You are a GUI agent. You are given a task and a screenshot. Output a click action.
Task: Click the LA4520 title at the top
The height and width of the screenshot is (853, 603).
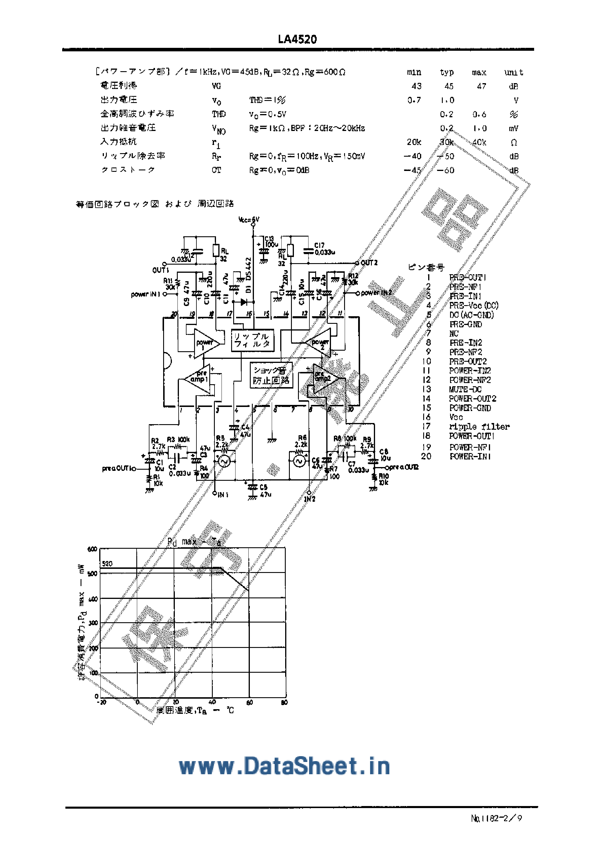point(297,39)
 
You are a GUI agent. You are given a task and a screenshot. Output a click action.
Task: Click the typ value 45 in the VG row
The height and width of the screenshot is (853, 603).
point(449,86)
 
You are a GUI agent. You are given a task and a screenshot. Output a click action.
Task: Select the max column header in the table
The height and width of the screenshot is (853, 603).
point(479,72)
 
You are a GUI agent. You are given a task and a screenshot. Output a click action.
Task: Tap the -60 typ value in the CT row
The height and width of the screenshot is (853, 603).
point(445,170)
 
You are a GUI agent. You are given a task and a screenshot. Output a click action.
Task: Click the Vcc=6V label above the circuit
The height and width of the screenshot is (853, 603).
point(249,220)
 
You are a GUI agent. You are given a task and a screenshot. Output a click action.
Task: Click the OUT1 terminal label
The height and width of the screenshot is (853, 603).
point(161,270)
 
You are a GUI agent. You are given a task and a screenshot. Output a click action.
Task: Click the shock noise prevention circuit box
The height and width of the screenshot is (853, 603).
point(271,375)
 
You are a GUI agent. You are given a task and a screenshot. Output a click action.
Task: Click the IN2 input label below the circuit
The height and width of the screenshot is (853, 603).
point(310,499)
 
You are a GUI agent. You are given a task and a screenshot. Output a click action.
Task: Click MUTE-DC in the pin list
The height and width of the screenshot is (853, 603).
point(465,389)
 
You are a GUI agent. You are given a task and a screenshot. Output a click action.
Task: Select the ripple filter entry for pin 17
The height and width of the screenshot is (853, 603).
point(479,426)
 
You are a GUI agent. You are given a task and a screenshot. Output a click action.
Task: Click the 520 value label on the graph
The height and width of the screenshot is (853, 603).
point(107,564)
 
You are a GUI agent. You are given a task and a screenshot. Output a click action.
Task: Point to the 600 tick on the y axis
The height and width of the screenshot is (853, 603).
point(92,549)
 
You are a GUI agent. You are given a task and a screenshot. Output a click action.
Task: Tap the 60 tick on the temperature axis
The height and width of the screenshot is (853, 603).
point(250,702)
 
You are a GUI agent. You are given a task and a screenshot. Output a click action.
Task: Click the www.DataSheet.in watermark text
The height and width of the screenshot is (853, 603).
point(284,766)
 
